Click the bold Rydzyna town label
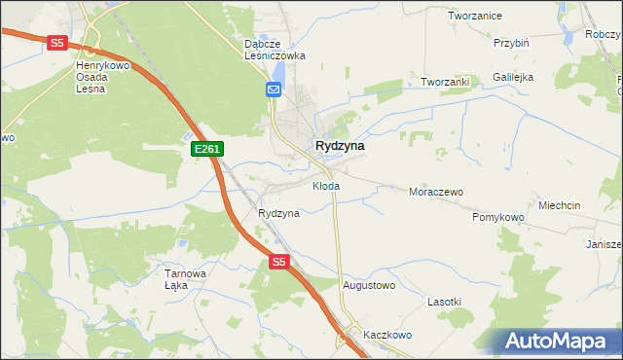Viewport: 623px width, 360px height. pos(340,146)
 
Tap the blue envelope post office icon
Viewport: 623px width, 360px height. pos(274,90)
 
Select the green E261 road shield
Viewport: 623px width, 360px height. pos(208,149)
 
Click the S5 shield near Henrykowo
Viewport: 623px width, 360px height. pos(57,43)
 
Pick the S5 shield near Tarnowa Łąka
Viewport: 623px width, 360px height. pos(279,262)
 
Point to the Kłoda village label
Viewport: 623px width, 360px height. pos(326,185)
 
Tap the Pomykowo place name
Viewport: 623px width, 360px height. pos(498,217)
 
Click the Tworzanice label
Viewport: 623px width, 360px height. pos(474,17)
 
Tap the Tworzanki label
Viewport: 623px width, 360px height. pos(446,82)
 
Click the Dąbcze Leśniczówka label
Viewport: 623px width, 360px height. pos(275,50)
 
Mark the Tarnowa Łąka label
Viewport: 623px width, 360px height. pos(185,279)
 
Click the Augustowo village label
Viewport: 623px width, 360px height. pos(369,286)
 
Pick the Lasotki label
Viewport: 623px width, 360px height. pos(444,303)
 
